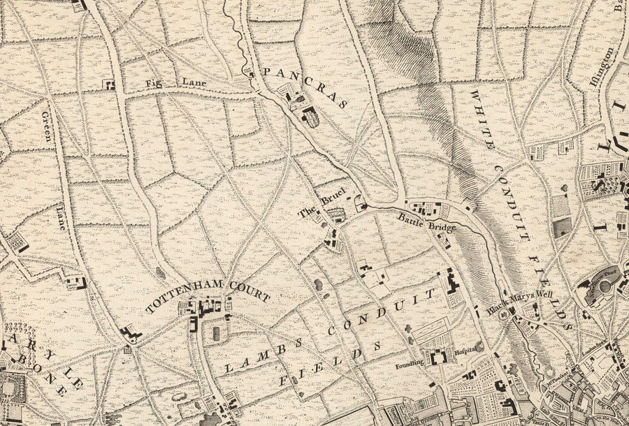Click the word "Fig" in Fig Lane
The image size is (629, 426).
tap(152, 83)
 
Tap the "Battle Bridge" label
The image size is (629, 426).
tap(427, 223)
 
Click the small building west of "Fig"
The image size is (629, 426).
tap(110, 85)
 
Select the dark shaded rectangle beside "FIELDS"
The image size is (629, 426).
tap(562, 227)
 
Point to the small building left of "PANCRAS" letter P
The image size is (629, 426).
tap(252, 73)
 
